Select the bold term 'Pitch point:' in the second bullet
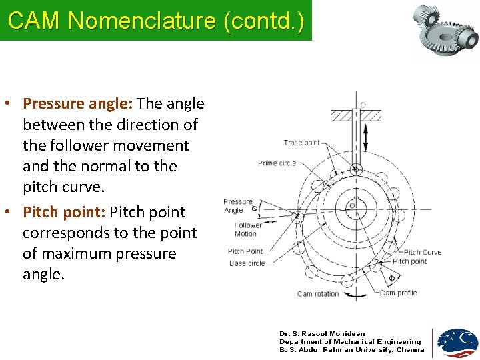pos(64,212)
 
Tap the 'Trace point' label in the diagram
pos(301,143)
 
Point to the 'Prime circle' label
pos(277,163)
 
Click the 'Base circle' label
pos(247,263)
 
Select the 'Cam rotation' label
pos(317,293)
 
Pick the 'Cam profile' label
pos(398,293)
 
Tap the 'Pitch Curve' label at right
pos(422,252)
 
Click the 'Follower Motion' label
pos(248,229)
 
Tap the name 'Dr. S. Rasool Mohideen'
pos(322,334)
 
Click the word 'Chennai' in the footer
pos(411,350)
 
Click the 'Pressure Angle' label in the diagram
pos(237,205)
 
